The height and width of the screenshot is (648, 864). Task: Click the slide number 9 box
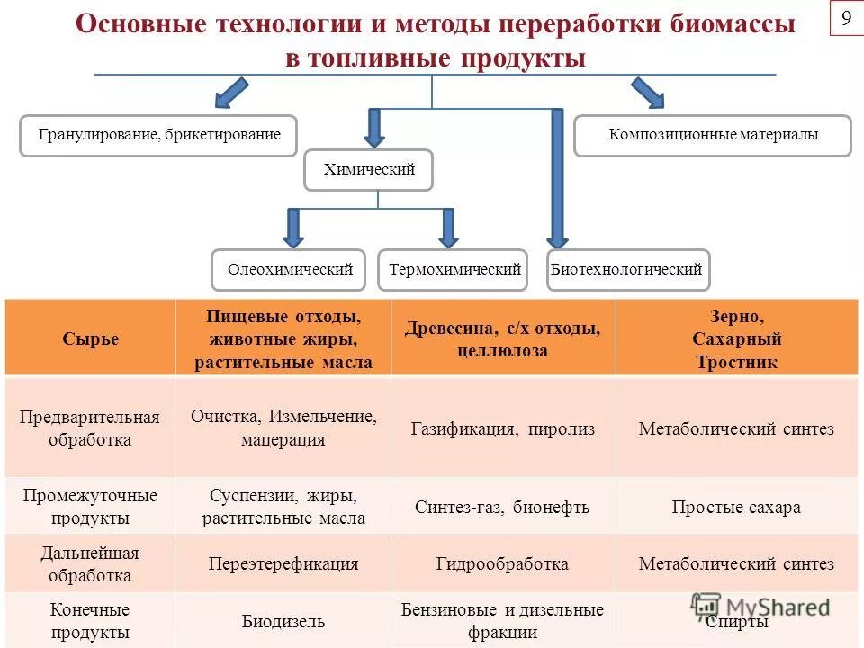tap(846, 18)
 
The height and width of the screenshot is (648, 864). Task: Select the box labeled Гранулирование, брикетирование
tap(159, 136)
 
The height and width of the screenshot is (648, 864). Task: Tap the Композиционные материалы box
tap(713, 136)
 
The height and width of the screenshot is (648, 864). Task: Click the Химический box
tap(369, 170)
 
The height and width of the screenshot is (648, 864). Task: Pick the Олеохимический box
tap(289, 270)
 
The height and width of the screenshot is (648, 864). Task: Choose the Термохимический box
tap(454, 270)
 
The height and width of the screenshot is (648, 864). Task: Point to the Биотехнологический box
tap(628, 270)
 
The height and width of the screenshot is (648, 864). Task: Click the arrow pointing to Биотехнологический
tap(557, 180)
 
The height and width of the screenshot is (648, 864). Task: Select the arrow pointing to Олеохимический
tap(292, 229)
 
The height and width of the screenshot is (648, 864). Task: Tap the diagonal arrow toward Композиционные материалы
tap(647, 93)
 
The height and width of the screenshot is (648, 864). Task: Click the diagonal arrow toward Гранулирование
tap(230, 93)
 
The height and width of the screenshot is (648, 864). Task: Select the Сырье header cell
tap(90, 339)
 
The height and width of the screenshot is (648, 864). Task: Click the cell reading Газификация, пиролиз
tap(503, 429)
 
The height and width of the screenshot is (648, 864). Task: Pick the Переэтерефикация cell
tap(283, 564)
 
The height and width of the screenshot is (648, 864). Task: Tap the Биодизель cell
tap(283, 621)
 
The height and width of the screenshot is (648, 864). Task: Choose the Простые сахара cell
tap(736, 507)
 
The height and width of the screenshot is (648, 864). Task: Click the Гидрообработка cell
tap(503, 564)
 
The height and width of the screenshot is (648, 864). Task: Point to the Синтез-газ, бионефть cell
tap(503, 507)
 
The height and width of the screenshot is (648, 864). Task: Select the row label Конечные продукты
tap(90, 621)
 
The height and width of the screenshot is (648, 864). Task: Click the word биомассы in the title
tap(733, 24)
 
